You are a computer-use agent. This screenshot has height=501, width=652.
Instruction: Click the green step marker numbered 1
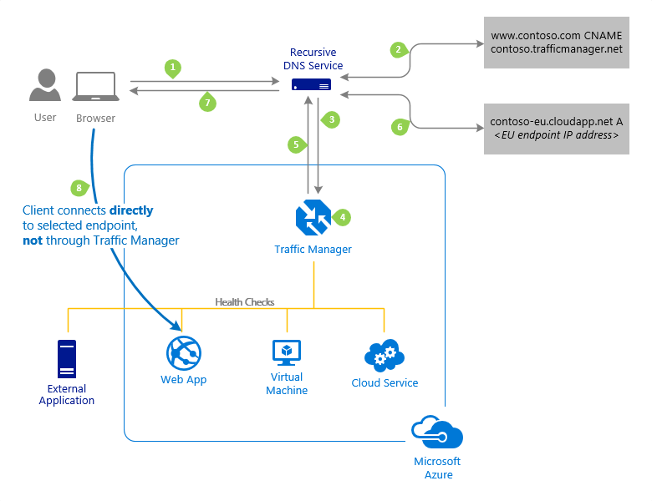pyautogui.click(x=173, y=67)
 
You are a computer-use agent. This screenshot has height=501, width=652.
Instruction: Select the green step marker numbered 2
pyautogui.click(x=400, y=50)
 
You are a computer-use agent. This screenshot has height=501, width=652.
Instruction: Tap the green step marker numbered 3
pyautogui.click(x=333, y=119)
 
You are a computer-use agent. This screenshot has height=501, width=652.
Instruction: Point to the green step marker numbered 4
pyautogui.click(x=341, y=217)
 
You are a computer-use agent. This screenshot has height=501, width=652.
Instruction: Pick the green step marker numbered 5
pyautogui.click(x=295, y=144)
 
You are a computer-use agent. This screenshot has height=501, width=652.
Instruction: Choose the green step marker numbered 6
pyautogui.click(x=400, y=127)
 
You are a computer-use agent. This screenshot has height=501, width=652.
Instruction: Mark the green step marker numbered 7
pyautogui.click(x=207, y=103)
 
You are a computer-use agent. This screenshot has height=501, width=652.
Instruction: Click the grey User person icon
pyautogui.click(x=44, y=87)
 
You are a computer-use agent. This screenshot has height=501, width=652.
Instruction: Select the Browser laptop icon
pyautogui.click(x=95, y=89)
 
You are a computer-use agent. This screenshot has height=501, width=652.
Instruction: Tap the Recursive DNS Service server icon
pyautogui.click(x=311, y=84)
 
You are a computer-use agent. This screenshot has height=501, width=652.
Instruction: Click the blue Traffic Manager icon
pyautogui.click(x=313, y=219)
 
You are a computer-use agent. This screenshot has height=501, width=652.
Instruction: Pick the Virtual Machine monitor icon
pyautogui.click(x=287, y=352)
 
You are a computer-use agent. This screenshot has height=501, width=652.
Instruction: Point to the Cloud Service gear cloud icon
pyautogui.click(x=385, y=355)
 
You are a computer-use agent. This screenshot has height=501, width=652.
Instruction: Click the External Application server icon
pyautogui.click(x=67, y=360)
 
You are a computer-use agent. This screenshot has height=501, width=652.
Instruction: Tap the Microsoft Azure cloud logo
pyautogui.click(x=437, y=434)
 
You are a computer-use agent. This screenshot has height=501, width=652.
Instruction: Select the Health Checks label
pyautogui.click(x=244, y=301)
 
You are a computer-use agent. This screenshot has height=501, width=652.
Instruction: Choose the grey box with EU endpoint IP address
pyautogui.click(x=556, y=129)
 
